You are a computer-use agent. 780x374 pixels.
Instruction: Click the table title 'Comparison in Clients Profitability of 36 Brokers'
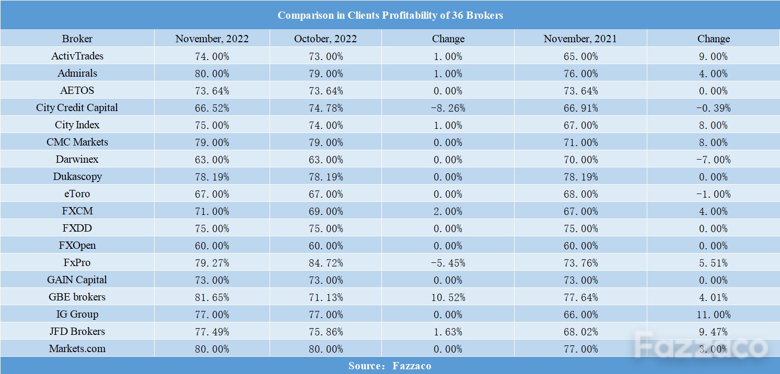coord(390,15)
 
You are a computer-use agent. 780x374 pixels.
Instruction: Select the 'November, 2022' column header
coord(212,39)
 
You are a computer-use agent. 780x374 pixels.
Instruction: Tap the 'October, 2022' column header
coord(325,39)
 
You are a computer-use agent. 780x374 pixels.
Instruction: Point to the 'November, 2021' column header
coord(580,39)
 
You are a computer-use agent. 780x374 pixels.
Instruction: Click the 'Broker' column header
coord(77,39)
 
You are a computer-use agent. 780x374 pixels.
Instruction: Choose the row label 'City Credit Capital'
coord(77,108)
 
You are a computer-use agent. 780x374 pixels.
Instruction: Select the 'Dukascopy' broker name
coord(77,177)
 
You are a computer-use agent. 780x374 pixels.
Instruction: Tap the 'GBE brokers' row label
coord(77,297)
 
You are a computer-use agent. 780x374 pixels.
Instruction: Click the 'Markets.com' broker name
coord(77,348)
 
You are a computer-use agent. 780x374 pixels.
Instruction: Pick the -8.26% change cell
coord(448,108)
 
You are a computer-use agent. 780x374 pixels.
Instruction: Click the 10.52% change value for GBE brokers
coord(448,297)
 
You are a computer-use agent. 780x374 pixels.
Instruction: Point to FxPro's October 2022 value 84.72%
coord(325,263)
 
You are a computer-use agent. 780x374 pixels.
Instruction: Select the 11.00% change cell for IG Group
coord(713,315)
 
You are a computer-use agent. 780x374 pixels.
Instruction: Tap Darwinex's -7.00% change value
coord(713,160)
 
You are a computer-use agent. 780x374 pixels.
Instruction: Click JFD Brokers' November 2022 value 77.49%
coord(212,332)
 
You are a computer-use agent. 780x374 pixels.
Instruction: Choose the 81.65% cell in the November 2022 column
coord(212,297)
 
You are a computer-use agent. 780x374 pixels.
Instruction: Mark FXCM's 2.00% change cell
coord(448,211)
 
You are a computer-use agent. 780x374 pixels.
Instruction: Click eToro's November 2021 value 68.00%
coord(580,194)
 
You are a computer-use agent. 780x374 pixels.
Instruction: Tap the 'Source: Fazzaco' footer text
coord(390,366)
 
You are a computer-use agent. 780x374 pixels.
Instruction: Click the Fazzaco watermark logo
coord(701,345)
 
